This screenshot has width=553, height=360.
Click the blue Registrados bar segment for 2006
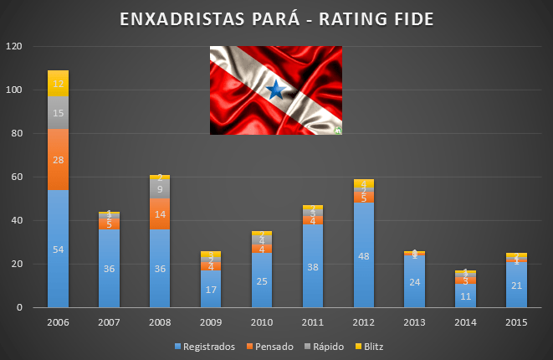point(58,249)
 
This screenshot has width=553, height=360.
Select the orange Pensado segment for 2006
point(58,159)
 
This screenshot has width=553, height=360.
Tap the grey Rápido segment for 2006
point(58,113)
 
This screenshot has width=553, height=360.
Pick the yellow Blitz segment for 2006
point(58,84)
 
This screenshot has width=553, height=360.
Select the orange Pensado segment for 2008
point(160,213)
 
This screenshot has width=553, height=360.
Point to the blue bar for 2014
point(466,296)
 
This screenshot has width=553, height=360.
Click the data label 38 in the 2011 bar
point(313,269)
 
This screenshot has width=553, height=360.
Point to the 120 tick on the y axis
point(13,46)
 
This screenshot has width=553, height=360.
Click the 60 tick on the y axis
point(16,177)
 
